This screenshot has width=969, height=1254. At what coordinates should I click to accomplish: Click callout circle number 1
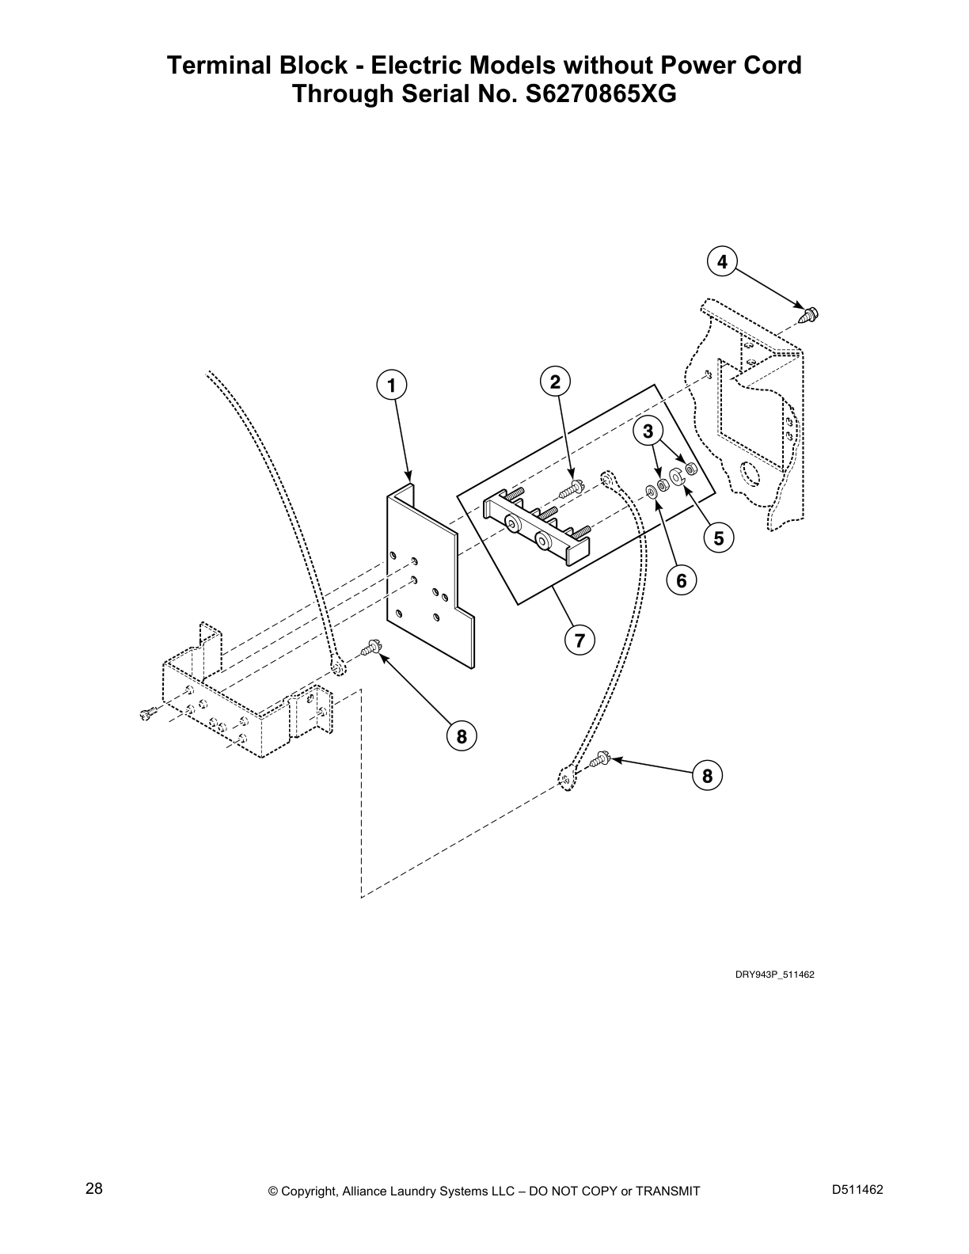pos(390,386)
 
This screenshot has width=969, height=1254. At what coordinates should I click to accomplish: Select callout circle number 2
pos(555,382)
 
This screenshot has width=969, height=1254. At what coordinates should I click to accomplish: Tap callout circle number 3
pos(648,431)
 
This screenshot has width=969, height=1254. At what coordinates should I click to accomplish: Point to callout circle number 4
pos(722,261)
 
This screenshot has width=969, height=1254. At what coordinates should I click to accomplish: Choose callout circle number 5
pos(718,538)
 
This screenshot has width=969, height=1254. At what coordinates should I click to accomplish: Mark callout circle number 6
pos(681,580)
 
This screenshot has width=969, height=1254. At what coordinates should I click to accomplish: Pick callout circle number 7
pos(579,640)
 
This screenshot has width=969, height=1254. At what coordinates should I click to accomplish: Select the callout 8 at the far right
pos(707,776)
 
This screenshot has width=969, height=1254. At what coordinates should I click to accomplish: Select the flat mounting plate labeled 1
pos(427,582)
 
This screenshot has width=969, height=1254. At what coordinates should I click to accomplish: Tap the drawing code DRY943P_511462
pos(774,975)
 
